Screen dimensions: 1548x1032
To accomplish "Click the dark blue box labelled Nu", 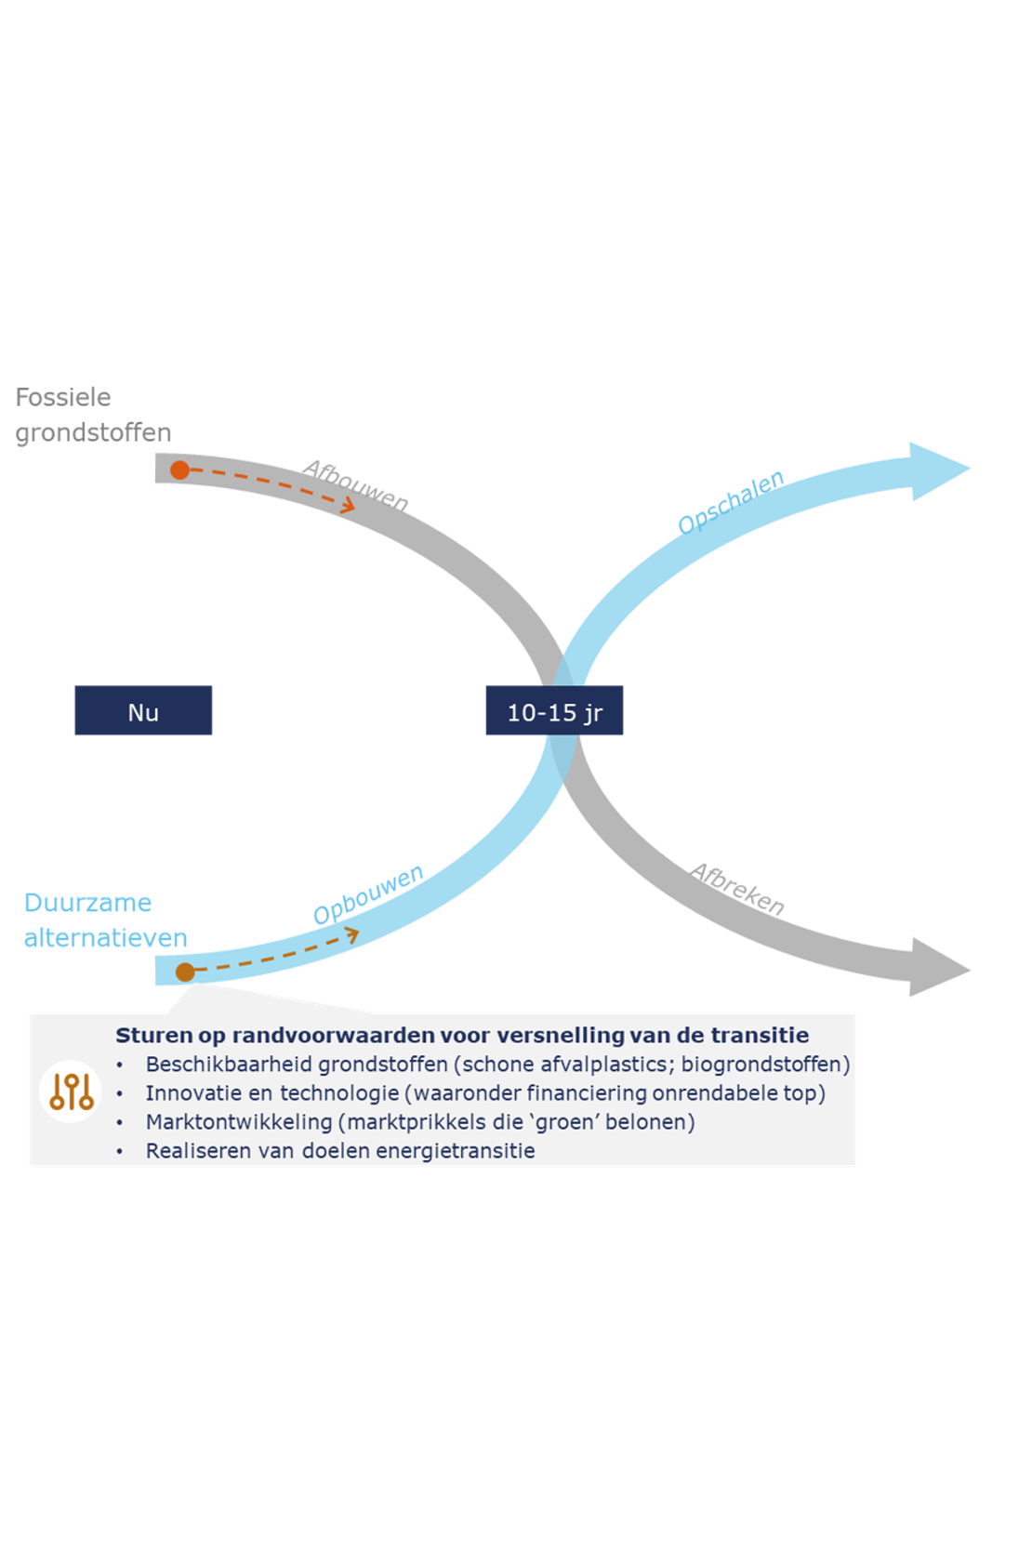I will pyautogui.click(x=143, y=711).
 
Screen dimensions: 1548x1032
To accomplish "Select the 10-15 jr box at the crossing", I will pyautogui.click(x=554, y=711).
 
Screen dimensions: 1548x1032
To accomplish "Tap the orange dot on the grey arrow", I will pyautogui.click(x=179, y=470).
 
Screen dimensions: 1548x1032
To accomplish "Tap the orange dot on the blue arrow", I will pyautogui.click(x=185, y=972).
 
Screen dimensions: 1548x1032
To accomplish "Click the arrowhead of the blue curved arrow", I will pyautogui.click(x=939, y=470).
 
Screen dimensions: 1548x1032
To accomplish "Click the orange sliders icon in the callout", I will pyautogui.click(x=72, y=1091).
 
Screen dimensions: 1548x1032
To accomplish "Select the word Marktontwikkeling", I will pyautogui.click(x=238, y=1121).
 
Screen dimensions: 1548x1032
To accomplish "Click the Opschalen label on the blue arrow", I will pyautogui.click(x=731, y=502).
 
